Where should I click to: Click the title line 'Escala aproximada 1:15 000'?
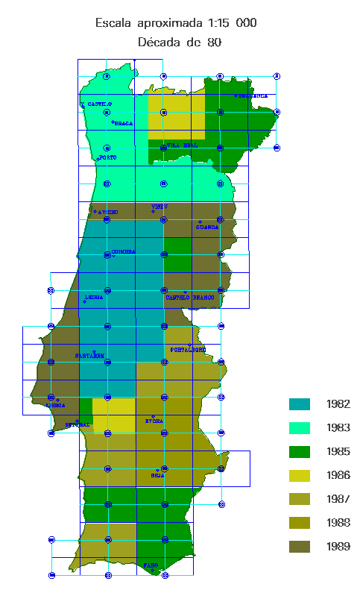[x=176, y=23]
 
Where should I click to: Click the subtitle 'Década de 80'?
[x=180, y=43]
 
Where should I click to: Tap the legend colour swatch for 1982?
[x=300, y=404]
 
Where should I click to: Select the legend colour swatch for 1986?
[x=300, y=475]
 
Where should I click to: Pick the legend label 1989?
[x=338, y=547]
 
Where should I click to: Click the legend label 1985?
[x=338, y=451]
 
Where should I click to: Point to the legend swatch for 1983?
[x=300, y=428]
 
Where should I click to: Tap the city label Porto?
[x=108, y=157]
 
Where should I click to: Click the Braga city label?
[x=123, y=123]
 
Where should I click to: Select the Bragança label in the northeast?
[x=252, y=96]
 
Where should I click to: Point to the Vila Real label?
[x=183, y=145]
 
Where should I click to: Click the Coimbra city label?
[x=123, y=252]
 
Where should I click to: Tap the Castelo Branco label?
[x=195, y=297]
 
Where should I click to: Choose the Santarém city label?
[x=89, y=356]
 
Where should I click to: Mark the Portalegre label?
[x=189, y=350]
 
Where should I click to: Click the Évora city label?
[x=154, y=421]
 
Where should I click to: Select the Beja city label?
[x=158, y=474]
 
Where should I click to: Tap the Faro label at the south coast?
[x=150, y=566]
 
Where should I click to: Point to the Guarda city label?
[x=207, y=227]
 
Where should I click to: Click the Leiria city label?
[x=95, y=297]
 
